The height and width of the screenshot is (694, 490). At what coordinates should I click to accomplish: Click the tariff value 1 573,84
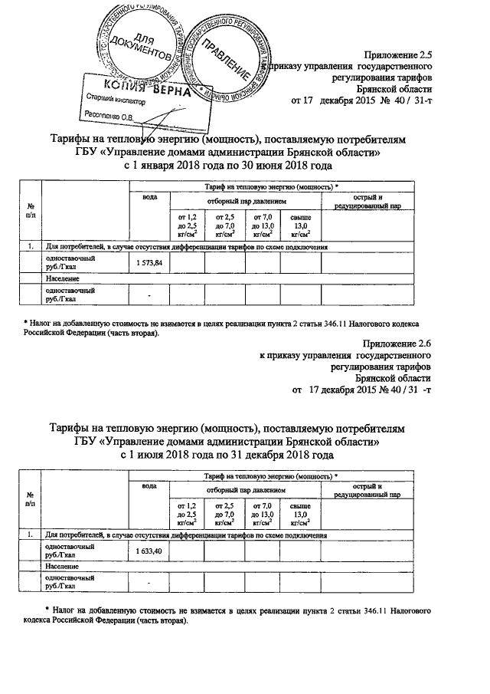(149, 262)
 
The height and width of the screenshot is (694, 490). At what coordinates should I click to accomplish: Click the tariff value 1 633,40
(149, 551)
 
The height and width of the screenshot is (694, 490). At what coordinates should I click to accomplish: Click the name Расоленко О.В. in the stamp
(109, 117)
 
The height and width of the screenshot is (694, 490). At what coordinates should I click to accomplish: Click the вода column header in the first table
(149, 198)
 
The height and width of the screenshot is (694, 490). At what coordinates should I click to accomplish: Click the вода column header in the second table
(149, 486)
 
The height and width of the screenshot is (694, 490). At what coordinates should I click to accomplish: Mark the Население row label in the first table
(62, 278)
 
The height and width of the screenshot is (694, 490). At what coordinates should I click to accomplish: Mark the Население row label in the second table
(62, 566)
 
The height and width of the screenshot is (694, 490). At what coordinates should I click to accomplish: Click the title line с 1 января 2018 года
(228, 165)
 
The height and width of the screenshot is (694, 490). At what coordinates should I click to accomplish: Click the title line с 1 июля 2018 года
(228, 454)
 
